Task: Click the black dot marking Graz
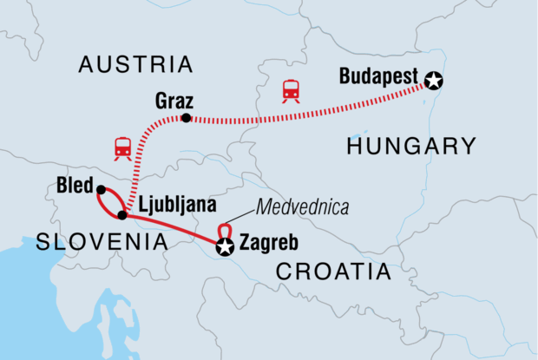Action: [186, 117]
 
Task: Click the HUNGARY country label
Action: [411, 146]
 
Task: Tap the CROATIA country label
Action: [333, 272]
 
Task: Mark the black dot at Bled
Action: [101, 190]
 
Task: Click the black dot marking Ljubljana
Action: [122, 214]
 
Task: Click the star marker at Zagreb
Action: [226, 249]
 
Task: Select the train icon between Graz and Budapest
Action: [291, 91]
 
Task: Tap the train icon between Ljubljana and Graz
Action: [122, 149]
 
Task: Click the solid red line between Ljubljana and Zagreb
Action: [174, 229]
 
